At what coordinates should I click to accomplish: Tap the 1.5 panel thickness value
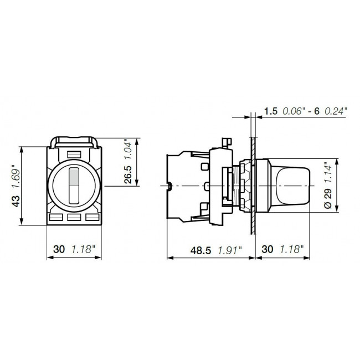(270, 111)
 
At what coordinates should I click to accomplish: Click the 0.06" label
(294, 111)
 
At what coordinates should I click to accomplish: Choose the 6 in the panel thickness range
(317, 111)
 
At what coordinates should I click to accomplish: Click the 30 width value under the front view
(59, 249)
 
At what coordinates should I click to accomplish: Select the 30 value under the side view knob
(268, 250)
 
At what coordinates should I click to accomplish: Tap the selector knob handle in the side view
(291, 185)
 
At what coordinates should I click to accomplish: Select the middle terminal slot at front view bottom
(74, 218)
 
